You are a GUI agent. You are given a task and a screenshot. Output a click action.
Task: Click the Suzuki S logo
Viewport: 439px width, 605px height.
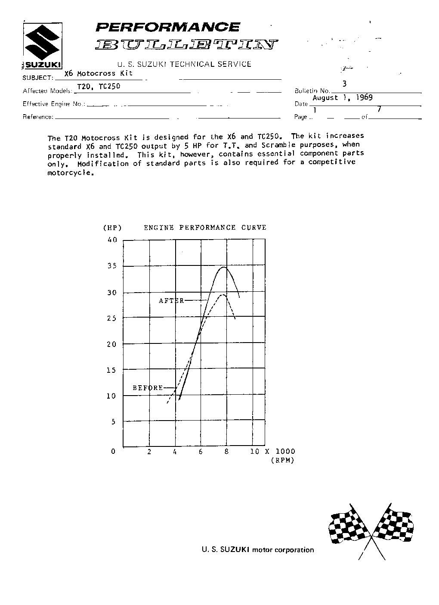tap(42, 43)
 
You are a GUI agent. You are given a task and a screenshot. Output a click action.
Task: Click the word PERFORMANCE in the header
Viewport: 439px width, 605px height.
tap(167, 28)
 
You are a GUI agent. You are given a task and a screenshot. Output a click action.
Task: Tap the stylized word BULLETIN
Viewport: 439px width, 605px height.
tap(186, 44)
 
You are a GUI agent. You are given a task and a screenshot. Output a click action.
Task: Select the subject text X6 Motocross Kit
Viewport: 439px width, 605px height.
tap(98, 73)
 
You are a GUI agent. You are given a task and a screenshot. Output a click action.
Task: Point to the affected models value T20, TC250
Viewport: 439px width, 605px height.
tap(99, 86)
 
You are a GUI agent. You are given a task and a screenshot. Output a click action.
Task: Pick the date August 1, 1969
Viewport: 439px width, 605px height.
tap(342, 98)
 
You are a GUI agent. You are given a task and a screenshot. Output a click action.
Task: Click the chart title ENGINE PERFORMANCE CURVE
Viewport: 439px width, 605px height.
tap(205, 228)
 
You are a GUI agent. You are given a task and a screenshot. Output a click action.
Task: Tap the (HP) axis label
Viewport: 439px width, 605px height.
tap(112, 228)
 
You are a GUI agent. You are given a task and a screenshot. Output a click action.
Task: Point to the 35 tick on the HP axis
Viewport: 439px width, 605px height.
tap(112, 266)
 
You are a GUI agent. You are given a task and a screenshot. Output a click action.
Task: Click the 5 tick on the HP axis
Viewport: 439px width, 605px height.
tap(114, 422)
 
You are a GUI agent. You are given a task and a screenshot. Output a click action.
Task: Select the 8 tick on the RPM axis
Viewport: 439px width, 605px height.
tap(227, 452)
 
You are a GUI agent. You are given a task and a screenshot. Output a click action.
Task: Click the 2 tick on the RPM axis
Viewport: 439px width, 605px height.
tap(149, 452)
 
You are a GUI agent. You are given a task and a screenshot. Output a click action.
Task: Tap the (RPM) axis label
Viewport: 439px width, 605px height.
tap(282, 460)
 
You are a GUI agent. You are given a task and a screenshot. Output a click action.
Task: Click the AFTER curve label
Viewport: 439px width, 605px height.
tap(171, 301)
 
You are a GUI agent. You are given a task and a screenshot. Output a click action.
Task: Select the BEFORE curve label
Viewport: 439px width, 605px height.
tap(148, 388)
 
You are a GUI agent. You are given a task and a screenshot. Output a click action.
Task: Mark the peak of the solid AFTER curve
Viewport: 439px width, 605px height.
tap(224, 268)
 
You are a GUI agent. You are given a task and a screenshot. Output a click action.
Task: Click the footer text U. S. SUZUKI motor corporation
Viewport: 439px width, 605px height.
tap(258, 550)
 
